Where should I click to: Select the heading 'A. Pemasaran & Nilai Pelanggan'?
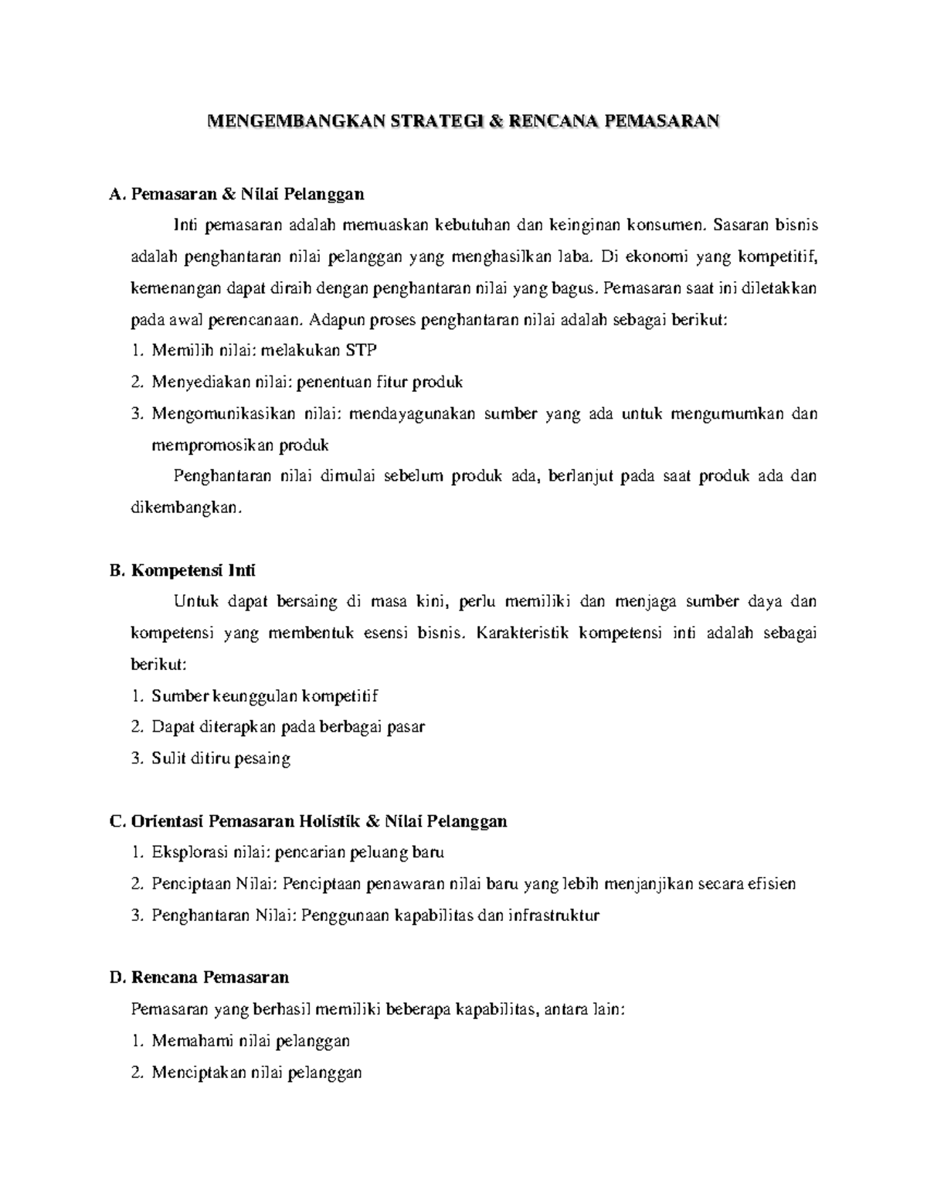tap(237, 193)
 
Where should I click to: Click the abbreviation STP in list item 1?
tap(361, 350)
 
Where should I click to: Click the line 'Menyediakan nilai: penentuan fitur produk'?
tap(307, 382)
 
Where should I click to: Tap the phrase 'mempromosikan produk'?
tap(240, 445)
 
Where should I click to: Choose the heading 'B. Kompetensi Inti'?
tap(183, 570)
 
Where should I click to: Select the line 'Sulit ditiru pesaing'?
tap(221, 758)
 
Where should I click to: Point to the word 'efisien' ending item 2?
tap(771, 883)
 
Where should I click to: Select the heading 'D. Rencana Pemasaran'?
tap(199, 977)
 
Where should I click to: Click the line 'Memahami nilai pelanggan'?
tap(250, 1041)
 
